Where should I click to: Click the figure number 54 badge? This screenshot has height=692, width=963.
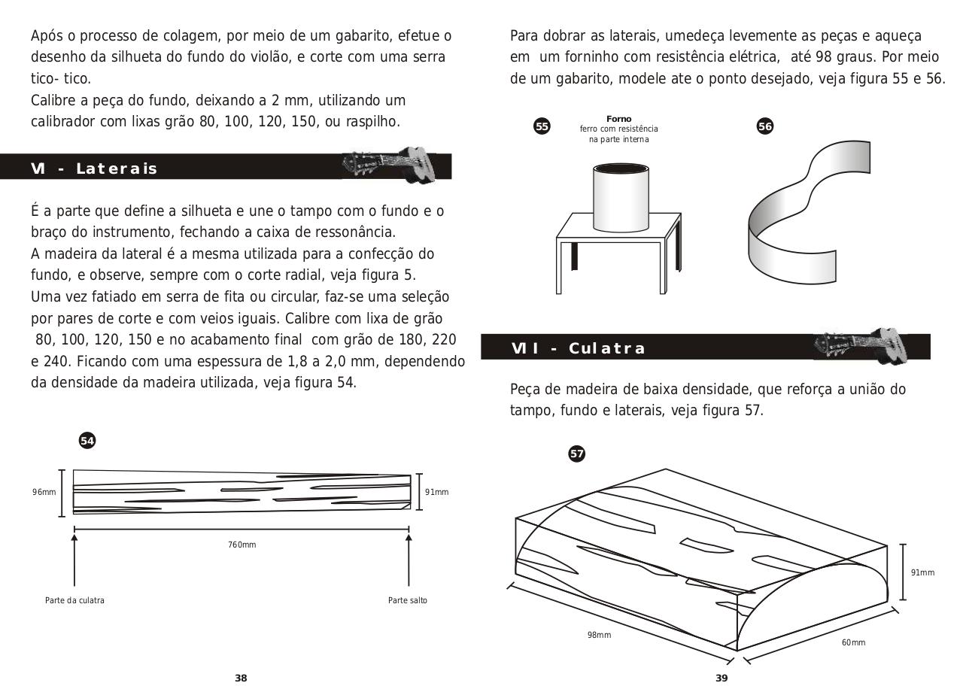coord(87,441)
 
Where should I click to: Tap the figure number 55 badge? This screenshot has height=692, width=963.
coord(542,126)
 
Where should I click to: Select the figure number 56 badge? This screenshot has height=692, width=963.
coord(764,126)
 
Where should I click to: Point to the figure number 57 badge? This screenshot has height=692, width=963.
coord(576,454)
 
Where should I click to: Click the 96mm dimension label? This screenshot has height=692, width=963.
coord(44,492)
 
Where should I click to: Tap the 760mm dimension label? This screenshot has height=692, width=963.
coord(242,545)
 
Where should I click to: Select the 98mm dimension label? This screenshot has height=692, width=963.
coord(599,635)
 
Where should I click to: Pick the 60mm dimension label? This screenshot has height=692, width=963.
coord(853,642)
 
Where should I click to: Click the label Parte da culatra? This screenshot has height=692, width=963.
coord(74,600)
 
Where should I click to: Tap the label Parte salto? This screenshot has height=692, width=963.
coord(407,600)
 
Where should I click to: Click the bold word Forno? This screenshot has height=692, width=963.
coord(618,119)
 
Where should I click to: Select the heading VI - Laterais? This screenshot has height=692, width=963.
coord(94,168)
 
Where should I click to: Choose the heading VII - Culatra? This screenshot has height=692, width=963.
coord(578,348)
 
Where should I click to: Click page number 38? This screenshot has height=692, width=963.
coord(241,678)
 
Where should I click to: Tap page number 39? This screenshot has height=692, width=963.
coord(721,678)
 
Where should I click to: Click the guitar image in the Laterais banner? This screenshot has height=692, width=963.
coord(387,163)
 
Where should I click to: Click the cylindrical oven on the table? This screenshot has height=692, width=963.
coord(621,197)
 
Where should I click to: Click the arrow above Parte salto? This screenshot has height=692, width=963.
coord(409,557)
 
